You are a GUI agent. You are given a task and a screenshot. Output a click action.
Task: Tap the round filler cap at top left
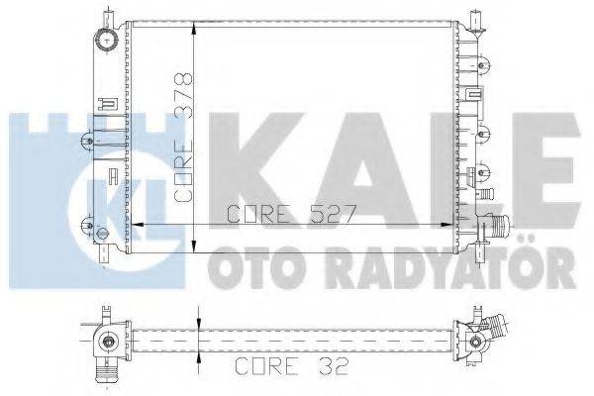click(104, 41)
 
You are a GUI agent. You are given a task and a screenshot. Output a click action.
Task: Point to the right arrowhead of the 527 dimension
click(449, 226)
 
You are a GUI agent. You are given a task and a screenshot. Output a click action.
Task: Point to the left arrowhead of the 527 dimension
click(139, 226)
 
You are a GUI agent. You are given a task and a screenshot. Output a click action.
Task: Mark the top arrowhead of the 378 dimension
click(195, 23)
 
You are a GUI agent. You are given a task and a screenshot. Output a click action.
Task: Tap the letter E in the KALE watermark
click(540, 167)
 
